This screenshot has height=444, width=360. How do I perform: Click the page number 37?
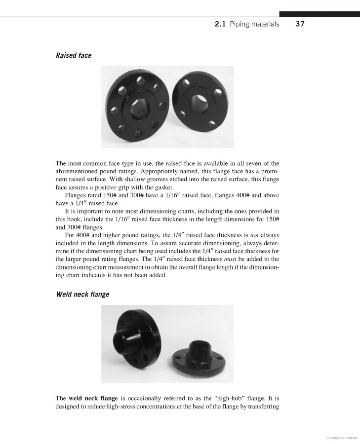point(300,24)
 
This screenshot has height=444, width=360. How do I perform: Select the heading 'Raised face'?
point(74,55)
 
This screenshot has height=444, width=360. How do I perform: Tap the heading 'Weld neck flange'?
point(82,295)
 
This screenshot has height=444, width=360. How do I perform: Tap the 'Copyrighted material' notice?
point(342,437)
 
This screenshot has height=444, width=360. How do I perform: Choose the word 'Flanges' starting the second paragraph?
point(76,195)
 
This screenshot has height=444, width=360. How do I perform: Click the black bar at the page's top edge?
point(319,14)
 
